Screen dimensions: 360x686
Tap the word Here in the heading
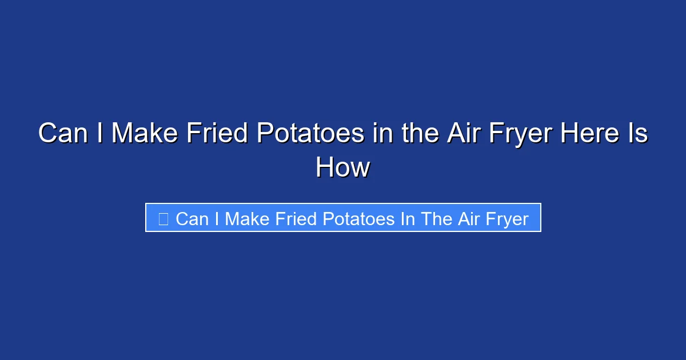[589, 134]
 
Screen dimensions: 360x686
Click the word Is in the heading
[637, 134]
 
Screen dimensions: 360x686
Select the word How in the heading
[343, 168]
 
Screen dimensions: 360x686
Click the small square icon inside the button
[163, 219]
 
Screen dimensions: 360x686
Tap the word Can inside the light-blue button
[192, 219]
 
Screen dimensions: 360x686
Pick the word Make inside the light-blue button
[247, 219]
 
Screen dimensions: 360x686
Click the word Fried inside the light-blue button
[299, 219]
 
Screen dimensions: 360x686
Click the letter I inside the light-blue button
[217, 219]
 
